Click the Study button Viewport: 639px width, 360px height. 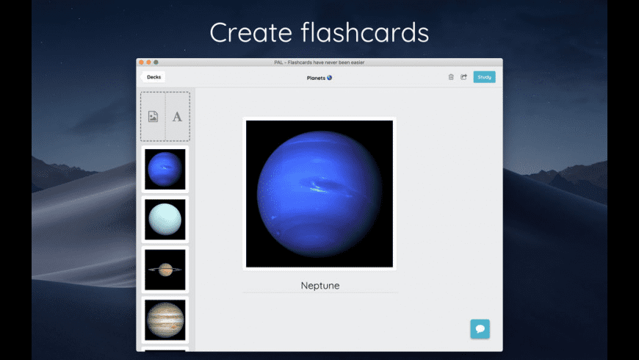click(x=484, y=77)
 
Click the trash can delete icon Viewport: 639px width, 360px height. click(x=451, y=77)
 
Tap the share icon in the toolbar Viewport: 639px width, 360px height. click(x=463, y=77)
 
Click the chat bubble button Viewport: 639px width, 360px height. click(x=480, y=328)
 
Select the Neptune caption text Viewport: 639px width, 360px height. click(x=320, y=285)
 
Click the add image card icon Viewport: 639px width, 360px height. click(x=153, y=116)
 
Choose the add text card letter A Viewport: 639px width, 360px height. click(x=177, y=116)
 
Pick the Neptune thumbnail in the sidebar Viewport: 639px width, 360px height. click(x=165, y=169)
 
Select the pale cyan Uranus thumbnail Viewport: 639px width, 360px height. click(x=165, y=219)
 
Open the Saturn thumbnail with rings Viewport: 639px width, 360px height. click(x=165, y=270)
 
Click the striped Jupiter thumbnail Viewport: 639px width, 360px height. click(x=165, y=319)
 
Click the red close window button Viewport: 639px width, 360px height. click(x=141, y=62)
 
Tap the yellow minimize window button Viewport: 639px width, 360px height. click(x=148, y=62)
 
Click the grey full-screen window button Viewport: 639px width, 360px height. click(x=156, y=62)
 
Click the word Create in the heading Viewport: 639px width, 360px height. click(x=250, y=33)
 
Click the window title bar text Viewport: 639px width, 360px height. click(x=319, y=62)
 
